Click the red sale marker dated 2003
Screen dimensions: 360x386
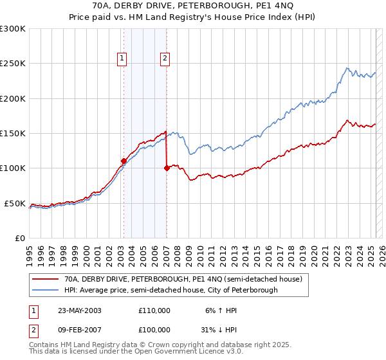pyautogui.click(x=124, y=161)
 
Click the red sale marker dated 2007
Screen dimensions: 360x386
pyautogui.click(x=167, y=168)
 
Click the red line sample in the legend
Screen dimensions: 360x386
pyautogui.click(x=45, y=279)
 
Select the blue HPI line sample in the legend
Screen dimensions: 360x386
pyautogui.click(x=45, y=290)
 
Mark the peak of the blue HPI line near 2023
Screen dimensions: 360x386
pyautogui.click(x=347, y=68)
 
